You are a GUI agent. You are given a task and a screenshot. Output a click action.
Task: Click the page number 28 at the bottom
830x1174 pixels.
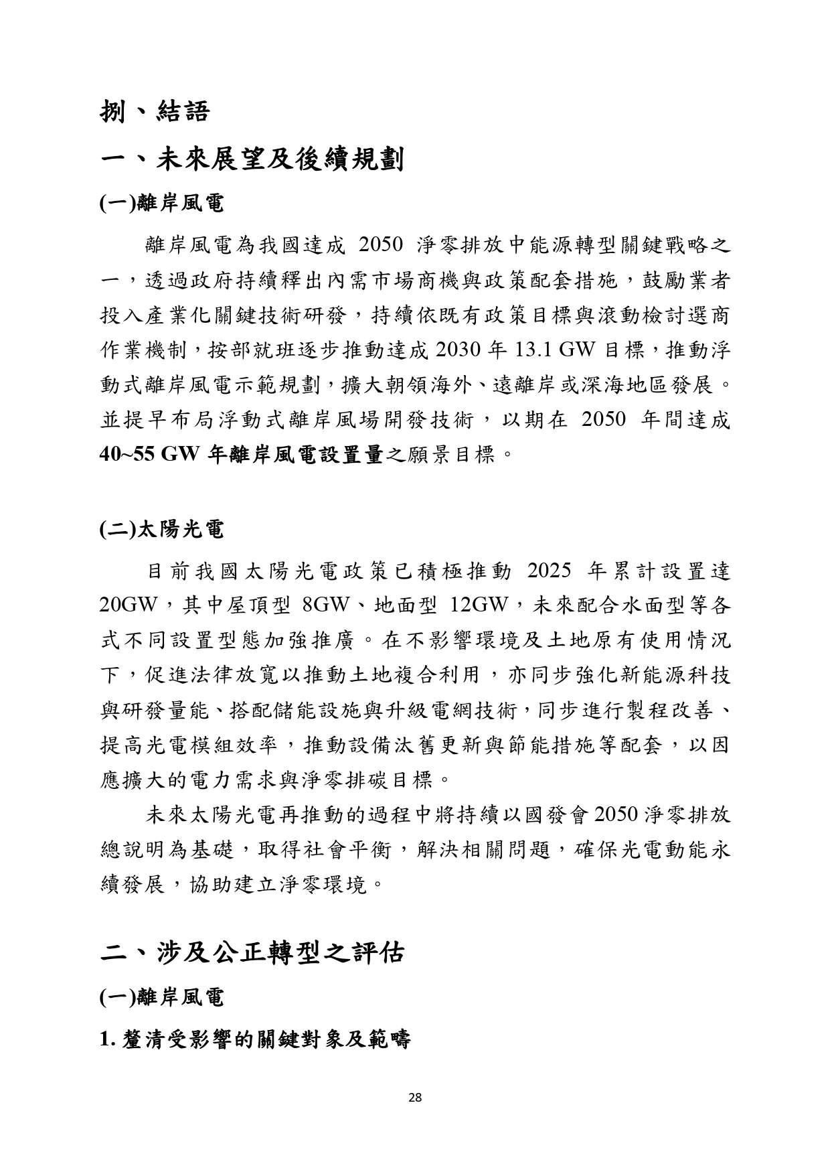click(414, 1097)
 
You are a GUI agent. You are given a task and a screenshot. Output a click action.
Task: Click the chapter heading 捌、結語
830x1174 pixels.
click(155, 110)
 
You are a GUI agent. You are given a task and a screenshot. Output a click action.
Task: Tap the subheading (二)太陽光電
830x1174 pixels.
click(161, 530)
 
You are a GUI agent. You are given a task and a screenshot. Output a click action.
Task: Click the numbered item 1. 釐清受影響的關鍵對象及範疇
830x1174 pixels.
click(254, 1039)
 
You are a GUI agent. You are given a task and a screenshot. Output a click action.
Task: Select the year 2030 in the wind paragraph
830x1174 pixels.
click(459, 350)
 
